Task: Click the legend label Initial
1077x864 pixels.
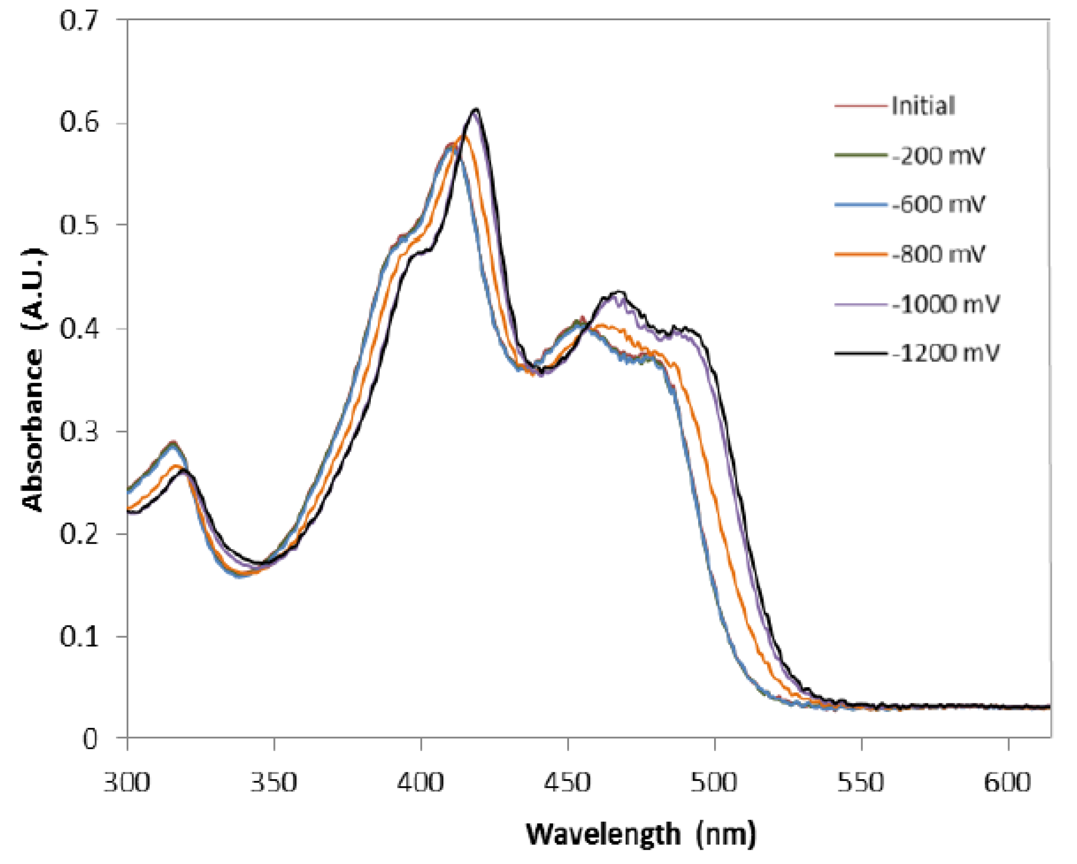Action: pyautogui.click(x=923, y=106)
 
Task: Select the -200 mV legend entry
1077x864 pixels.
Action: pyautogui.click(x=938, y=156)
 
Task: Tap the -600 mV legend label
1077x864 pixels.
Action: pyautogui.click(x=938, y=204)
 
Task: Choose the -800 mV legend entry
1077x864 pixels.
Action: pyautogui.click(x=938, y=254)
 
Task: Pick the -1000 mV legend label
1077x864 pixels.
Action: pyautogui.click(x=945, y=304)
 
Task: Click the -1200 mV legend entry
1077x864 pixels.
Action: pyautogui.click(x=945, y=353)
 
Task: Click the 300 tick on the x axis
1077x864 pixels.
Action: pyautogui.click(x=127, y=782)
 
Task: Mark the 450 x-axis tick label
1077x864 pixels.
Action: pyautogui.click(x=567, y=782)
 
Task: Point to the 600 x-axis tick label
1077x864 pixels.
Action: pyautogui.click(x=1007, y=782)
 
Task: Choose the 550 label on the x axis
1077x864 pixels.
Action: pyautogui.click(x=861, y=782)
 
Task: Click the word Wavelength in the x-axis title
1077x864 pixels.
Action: pyautogui.click(x=603, y=835)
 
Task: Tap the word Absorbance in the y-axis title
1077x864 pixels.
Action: pyautogui.click(x=33, y=429)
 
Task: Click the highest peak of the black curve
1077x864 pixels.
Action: pyautogui.click(x=476, y=110)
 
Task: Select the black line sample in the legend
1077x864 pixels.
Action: pyautogui.click(x=860, y=353)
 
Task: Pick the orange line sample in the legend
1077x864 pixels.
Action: pyautogui.click(x=860, y=254)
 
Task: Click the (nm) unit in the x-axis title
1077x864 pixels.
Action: pyautogui.click(x=726, y=835)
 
